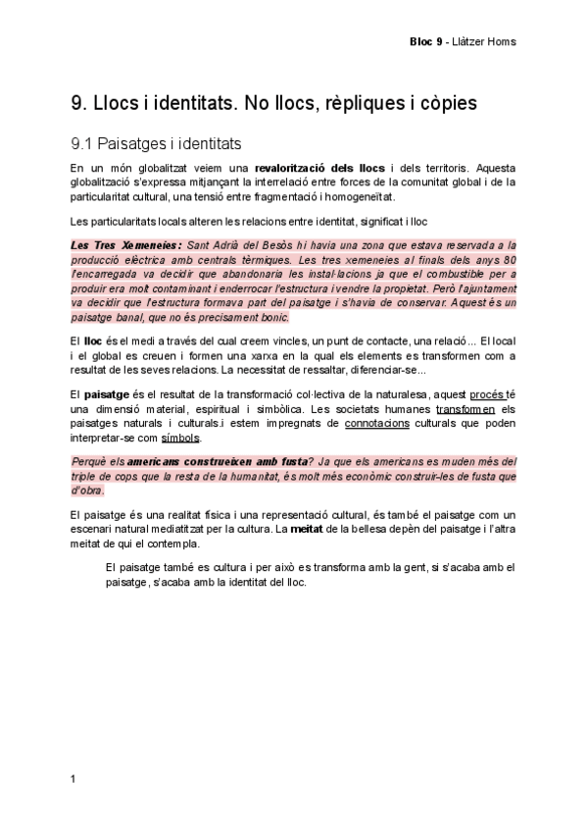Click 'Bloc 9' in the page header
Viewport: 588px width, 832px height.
click(426, 41)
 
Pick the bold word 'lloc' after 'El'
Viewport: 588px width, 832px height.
click(94, 340)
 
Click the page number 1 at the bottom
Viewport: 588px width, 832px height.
click(74, 779)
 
